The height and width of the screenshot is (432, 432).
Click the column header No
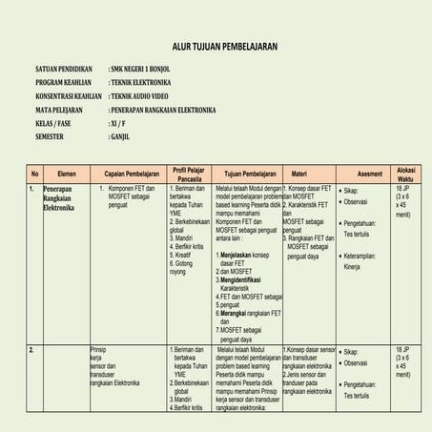click(x=34, y=174)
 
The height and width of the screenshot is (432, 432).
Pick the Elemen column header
click(x=67, y=174)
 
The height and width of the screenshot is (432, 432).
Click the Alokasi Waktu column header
click(x=406, y=174)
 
